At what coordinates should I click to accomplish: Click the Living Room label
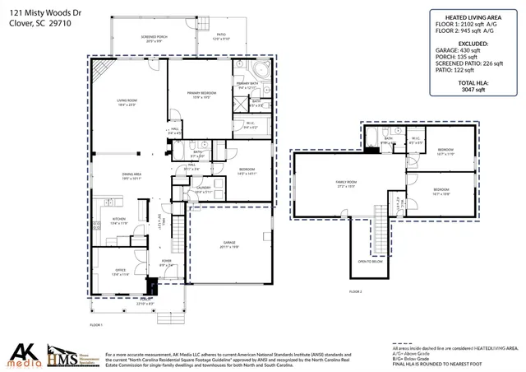click(126, 103)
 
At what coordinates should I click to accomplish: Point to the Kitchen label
click(119, 221)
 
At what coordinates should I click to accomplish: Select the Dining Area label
click(131, 175)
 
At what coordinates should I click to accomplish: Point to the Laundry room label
click(204, 189)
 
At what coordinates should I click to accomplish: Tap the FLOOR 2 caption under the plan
click(356, 291)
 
